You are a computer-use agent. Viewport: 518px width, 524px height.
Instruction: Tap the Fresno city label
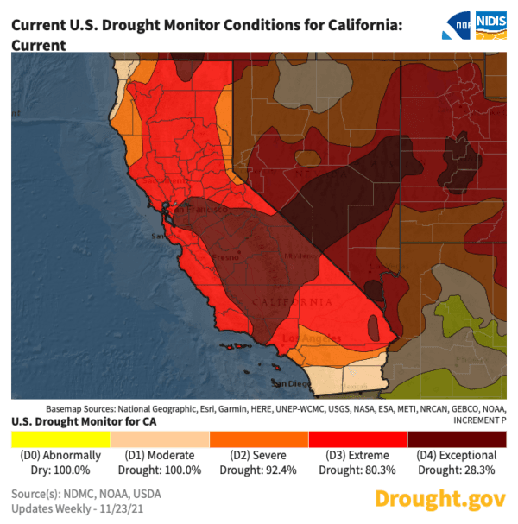coord(227,258)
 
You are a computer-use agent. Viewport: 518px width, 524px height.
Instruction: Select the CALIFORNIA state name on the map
coord(292,302)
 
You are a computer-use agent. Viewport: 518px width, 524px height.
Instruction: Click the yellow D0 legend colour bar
coord(61,439)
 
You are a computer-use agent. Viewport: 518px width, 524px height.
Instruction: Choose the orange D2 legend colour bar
coord(259,439)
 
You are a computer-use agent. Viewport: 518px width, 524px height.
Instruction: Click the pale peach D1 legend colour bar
coord(161,439)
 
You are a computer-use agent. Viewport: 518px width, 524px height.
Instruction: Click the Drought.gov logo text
coord(439,499)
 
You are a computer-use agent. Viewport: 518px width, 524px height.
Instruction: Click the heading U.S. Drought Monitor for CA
coord(77,420)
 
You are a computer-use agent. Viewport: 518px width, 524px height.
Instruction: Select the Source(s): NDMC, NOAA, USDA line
coord(85,494)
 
